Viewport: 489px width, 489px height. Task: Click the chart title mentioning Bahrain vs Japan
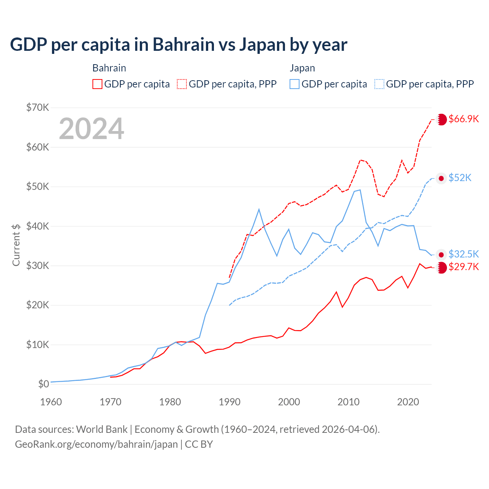click(x=178, y=45)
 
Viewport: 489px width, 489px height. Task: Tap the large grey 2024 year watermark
click(x=91, y=129)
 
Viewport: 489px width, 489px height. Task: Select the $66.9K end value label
click(x=463, y=119)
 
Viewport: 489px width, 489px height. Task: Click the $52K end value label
click(x=460, y=178)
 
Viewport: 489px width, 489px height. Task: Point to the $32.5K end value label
click(x=463, y=254)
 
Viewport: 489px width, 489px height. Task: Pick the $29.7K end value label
click(x=463, y=267)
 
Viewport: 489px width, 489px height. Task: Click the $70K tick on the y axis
click(x=37, y=107)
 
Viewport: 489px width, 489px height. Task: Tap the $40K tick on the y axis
click(x=37, y=226)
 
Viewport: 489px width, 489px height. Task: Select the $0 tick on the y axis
click(x=44, y=384)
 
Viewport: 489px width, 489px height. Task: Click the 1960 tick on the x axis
click(x=51, y=402)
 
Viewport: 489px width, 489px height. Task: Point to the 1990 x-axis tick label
click(x=230, y=402)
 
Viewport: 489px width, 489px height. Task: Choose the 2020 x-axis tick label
click(x=408, y=402)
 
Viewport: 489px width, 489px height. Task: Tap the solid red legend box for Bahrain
click(x=97, y=84)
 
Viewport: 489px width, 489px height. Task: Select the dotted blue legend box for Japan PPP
click(x=379, y=84)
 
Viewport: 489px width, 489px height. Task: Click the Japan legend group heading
click(x=302, y=68)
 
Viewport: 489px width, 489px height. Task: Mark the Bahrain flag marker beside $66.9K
click(x=442, y=119)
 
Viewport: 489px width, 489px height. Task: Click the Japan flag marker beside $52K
click(x=441, y=178)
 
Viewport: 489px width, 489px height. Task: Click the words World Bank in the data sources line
click(x=102, y=429)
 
